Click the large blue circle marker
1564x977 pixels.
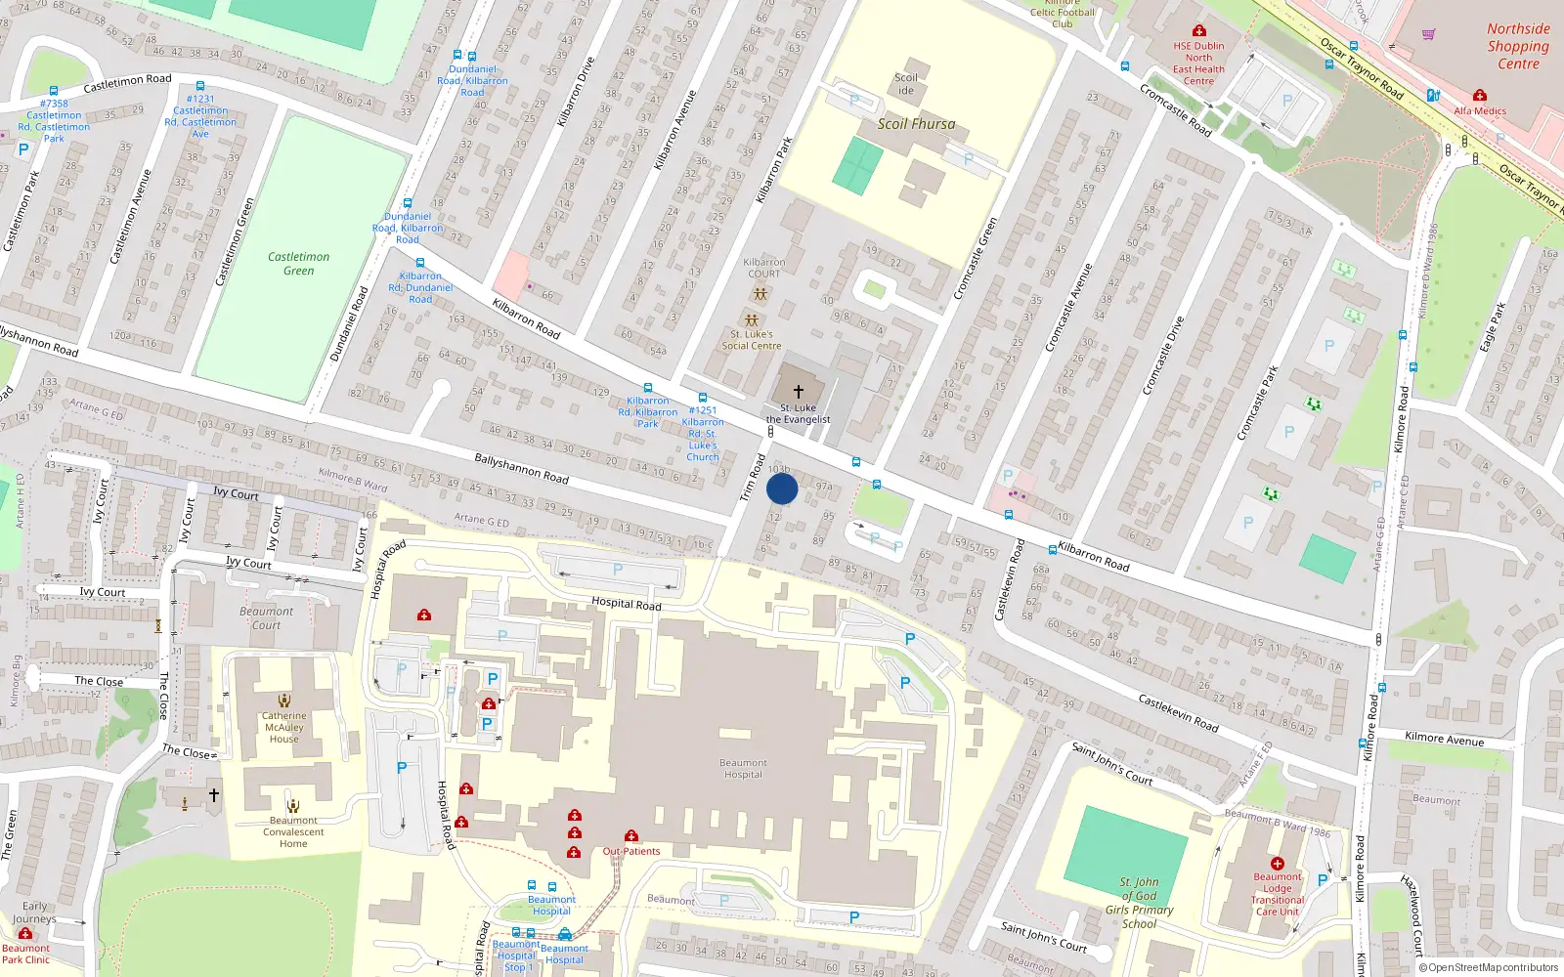coord(782,488)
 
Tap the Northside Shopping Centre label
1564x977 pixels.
coord(1518,47)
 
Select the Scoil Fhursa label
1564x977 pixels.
coord(916,124)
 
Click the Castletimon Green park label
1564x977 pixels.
coord(298,264)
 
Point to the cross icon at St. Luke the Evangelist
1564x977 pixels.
coord(799,391)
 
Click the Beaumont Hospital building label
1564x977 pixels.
coord(743,769)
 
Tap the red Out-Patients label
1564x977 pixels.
coord(631,851)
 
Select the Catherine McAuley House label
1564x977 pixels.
coord(283,727)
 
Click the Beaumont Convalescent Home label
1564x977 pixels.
coord(293,832)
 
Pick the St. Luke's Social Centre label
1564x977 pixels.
coord(751,340)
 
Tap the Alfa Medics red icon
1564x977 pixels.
coord(1480,95)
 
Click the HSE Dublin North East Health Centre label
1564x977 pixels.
coord(1198,64)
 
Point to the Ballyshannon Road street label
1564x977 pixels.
coord(521,468)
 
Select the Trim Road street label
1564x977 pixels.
coord(752,478)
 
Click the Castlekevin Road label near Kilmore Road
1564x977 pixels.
coord(1178,713)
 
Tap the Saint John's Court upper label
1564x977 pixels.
coord(1111,764)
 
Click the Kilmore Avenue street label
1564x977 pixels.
coord(1444,740)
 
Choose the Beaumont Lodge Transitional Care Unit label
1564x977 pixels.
coord(1277,894)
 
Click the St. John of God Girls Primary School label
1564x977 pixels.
coord(1139,903)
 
